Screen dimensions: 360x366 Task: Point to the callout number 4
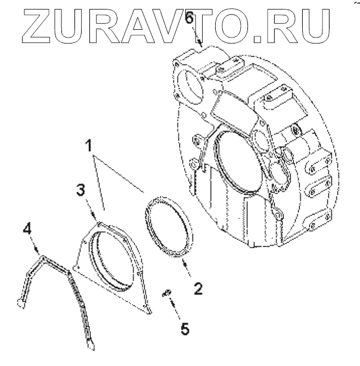[x=26, y=228]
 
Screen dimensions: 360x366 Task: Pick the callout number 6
[x=188, y=18]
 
